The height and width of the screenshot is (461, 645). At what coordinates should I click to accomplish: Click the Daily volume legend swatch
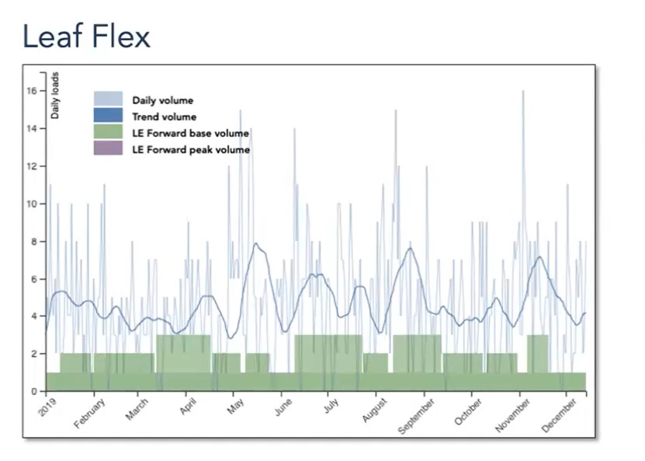point(108,99)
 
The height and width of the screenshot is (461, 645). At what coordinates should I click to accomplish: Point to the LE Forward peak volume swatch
point(108,148)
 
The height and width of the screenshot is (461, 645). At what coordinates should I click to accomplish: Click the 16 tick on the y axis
point(32,91)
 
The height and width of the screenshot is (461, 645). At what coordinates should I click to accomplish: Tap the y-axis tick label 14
point(32,128)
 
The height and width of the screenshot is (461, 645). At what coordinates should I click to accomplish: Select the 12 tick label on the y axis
point(32,166)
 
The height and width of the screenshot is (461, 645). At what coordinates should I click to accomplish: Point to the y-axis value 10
point(32,204)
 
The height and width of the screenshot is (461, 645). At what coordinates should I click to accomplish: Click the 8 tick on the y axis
point(34,241)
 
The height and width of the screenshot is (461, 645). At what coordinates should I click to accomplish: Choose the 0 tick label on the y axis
point(34,391)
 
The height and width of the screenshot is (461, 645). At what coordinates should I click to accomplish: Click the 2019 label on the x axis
point(47,407)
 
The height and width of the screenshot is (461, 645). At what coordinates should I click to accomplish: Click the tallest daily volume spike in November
point(523,92)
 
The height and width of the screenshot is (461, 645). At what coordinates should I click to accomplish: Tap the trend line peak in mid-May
point(255,244)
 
